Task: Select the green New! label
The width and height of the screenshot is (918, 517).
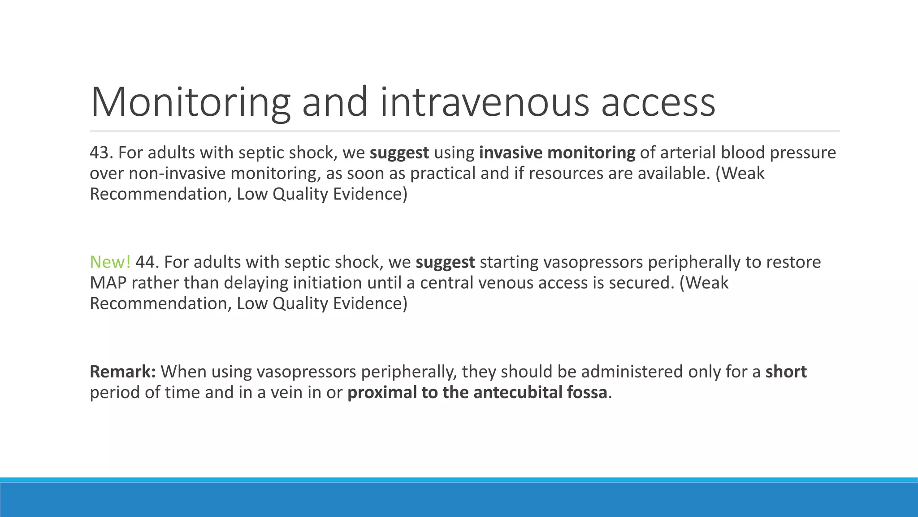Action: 110,262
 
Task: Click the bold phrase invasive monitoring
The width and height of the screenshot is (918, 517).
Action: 557,153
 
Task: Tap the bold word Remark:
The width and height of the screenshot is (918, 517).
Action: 123,372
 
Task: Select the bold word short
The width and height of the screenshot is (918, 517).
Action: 786,372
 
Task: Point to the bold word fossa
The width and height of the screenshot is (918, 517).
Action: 587,392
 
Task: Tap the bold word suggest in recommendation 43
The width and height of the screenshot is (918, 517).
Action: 399,153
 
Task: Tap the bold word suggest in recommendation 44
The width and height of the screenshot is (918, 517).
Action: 445,262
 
